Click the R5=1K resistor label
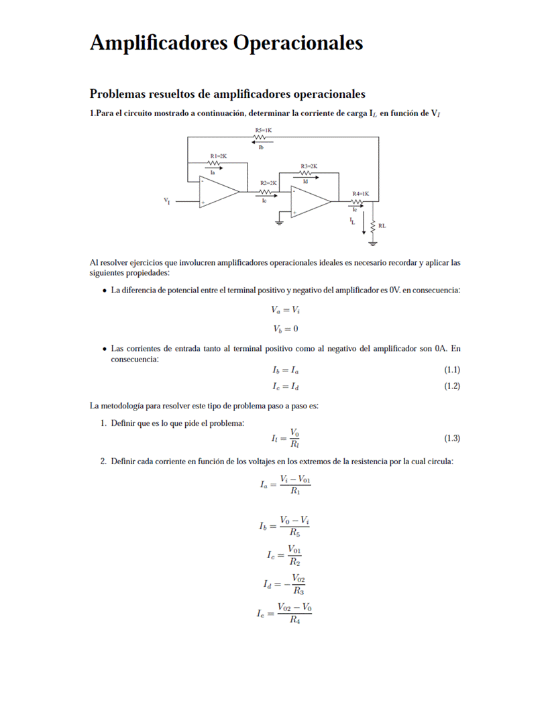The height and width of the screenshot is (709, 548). coord(263,130)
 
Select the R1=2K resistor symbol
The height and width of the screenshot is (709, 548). coord(214,162)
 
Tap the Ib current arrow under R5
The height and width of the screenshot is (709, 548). coord(262,142)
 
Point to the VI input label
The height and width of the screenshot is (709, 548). coord(167,200)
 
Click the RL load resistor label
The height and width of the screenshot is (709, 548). coord(382,226)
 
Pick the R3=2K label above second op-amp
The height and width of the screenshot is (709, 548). coord(309,166)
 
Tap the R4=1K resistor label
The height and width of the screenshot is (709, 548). coord(361,193)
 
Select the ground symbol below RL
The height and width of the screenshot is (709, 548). coord(372,242)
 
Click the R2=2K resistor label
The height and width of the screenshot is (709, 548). coord(268,182)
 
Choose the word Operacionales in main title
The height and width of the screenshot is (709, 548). coord(298,43)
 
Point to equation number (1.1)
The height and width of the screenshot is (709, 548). coord(452,370)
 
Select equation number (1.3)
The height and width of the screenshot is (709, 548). coord(452,438)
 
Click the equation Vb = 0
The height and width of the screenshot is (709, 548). coord(285,329)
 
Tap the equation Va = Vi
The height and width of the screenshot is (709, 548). coord(285,310)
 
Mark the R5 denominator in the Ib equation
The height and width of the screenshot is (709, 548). coord(295,533)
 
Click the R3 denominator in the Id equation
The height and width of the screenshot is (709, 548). coord(298,592)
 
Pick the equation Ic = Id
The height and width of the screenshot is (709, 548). coord(286,386)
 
